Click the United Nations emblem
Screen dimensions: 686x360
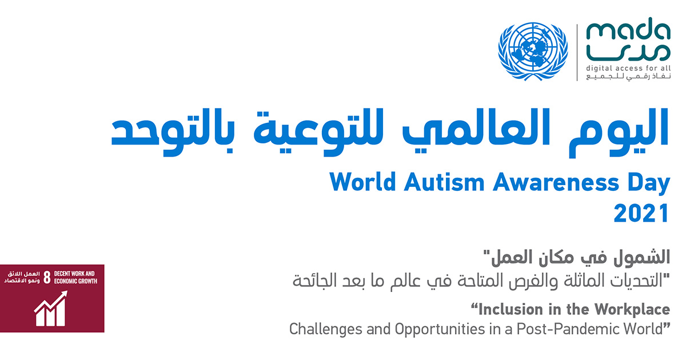533,51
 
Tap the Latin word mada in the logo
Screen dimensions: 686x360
628,29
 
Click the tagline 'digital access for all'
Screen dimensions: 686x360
628,68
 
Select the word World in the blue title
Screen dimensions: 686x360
363,182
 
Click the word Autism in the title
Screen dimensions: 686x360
444,182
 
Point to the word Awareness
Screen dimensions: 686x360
556,182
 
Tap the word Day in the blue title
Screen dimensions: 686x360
649,183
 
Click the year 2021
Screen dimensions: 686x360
641,213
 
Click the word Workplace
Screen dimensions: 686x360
632,310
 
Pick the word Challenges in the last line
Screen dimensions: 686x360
325,329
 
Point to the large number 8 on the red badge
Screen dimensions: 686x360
47,277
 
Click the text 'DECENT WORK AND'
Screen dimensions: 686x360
74,274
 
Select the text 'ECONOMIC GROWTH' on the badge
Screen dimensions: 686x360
75,281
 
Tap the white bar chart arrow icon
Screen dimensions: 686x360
50,309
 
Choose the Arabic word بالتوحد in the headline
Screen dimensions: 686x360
173,132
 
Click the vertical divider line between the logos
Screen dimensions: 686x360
577,53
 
